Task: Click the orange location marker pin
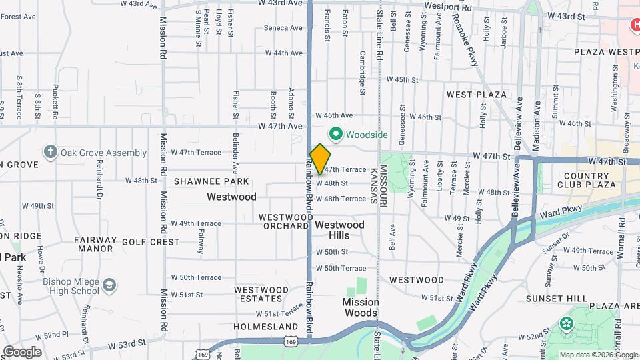[x=320, y=158]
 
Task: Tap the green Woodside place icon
[x=336, y=135]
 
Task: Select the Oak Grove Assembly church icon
[x=51, y=153]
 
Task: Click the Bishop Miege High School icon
[x=109, y=286]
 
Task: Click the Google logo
[x=22, y=351]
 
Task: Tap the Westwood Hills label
[x=339, y=230]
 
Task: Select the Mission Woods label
[x=361, y=307]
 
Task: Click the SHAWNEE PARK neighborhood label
[x=211, y=181]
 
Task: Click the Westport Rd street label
[x=448, y=8]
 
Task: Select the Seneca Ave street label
[x=283, y=28]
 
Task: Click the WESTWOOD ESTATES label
[x=261, y=295]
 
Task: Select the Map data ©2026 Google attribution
[x=598, y=355]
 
